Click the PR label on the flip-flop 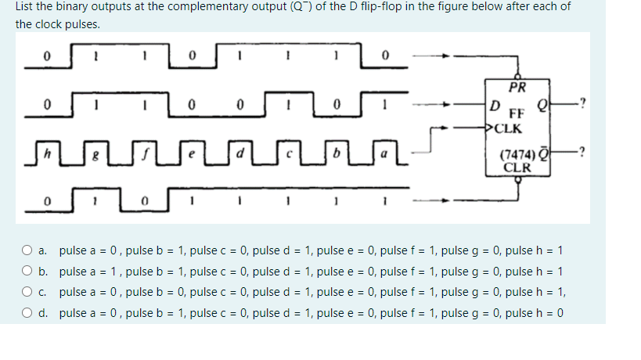pyautogui.click(x=517, y=87)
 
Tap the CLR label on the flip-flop pyautogui.click(x=517, y=167)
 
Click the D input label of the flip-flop pyautogui.click(x=493, y=105)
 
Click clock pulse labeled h pyautogui.click(x=46, y=146)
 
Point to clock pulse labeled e pyautogui.click(x=192, y=146)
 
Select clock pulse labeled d pyautogui.click(x=240, y=146)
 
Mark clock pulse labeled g pyautogui.click(x=95, y=146)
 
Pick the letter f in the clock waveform pyautogui.click(x=143, y=146)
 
